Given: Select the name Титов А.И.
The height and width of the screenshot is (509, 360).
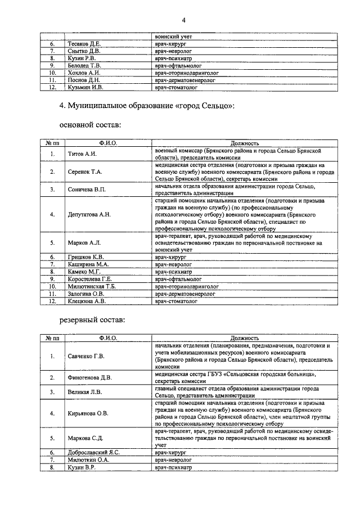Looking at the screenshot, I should (83, 154).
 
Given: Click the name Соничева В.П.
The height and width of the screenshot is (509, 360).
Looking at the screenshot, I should (87, 190).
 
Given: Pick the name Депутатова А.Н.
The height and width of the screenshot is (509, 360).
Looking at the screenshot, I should (89, 215).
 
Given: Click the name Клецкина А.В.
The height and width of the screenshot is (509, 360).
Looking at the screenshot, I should (87, 300).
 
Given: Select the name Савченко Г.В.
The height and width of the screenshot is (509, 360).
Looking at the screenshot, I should (86, 355).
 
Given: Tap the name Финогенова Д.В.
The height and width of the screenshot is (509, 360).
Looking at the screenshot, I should (89, 377).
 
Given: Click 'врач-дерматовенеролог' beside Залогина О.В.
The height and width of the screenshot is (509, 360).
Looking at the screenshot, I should (185, 293).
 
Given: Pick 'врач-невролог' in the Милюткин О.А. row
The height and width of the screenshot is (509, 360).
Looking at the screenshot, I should (174, 459).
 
